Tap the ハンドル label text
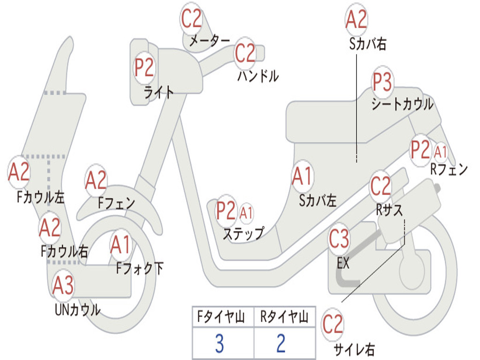point(258,75)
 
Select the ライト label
point(159,92)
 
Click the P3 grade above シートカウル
point(382,83)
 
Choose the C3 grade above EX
point(339,240)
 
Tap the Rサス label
point(390,210)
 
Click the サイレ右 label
point(354,349)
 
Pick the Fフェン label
point(117,203)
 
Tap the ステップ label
point(243,233)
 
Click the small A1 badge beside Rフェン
point(441,152)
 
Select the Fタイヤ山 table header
point(223,318)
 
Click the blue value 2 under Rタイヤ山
point(281,344)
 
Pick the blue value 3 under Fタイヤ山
point(219,344)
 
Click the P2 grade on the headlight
point(144,68)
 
